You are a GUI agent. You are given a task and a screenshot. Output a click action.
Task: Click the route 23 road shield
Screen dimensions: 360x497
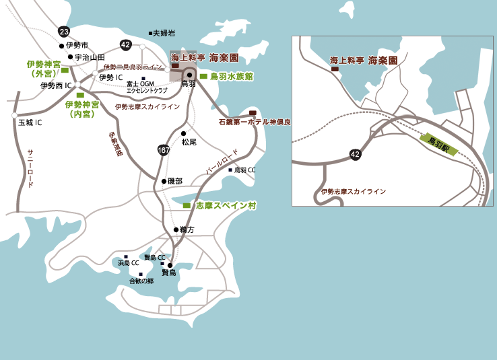click(x=63, y=32)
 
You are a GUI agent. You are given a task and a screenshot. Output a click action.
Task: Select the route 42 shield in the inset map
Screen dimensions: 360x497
click(x=355, y=154)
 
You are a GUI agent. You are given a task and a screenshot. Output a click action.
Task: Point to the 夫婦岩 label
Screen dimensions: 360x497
click(x=163, y=32)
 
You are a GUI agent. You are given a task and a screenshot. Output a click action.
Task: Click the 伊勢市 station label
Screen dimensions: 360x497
click(x=77, y=45)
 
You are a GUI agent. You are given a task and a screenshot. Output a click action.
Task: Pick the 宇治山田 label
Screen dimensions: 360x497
click(x=90, y=57)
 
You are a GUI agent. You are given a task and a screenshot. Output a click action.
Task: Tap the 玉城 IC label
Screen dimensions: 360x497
click(x=30, y=122)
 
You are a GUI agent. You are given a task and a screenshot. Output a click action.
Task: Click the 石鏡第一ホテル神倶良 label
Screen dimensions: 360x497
click(x=255, y=122)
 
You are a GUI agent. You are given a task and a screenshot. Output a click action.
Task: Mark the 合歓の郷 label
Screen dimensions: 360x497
click(x=141, y=281)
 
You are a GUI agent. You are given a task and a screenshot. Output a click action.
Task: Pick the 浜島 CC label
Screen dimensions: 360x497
click(x=128, y=262)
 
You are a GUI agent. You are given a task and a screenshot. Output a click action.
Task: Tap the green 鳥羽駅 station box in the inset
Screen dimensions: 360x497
click(x=438, y=144)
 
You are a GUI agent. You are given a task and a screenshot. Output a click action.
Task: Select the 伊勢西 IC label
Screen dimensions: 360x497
click(x=57, y=85)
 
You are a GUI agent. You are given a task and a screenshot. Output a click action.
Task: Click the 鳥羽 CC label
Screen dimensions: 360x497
click(x=244, y=170)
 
